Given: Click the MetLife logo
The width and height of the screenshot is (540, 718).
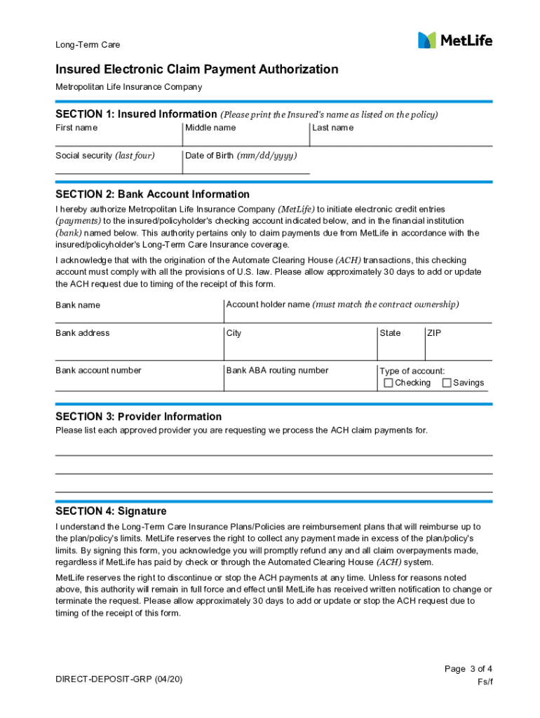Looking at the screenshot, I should click(x=455, y=40).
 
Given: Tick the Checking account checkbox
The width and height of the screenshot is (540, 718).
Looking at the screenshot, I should click(x=389, y=383).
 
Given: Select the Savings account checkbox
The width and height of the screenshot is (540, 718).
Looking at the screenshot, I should click(x=447, y=383).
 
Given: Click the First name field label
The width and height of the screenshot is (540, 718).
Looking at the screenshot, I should click(x=76, y=128).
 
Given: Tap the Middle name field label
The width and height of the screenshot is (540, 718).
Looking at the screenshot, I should click(x=210, y=128).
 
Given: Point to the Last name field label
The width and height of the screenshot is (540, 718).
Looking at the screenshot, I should click(x=333, y=128).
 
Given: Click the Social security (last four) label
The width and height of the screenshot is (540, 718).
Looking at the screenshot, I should click(x=105, y=156).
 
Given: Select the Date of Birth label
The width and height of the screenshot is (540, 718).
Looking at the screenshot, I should click(x=241, y=156).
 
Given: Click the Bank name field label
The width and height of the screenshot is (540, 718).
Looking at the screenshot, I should click(x=78, y=305).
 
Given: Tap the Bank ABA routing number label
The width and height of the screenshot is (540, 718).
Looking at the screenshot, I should click(x=277, y=370).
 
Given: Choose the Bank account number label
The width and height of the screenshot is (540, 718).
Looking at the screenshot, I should click(x=98, y=370).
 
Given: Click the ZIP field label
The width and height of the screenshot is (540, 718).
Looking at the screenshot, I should click(x=434, y=333).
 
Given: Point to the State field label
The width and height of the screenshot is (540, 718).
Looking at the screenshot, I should click(x=390, y=333).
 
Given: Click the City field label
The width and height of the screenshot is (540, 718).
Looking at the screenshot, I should click(x=234, y=333).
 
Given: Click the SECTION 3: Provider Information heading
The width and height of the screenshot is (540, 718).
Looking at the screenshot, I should click(x=138, y=416).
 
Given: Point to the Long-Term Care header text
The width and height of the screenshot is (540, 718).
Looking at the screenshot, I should click(x=88, y=45).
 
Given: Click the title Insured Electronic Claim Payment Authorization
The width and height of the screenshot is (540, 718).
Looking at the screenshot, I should click(x=197, y=69).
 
